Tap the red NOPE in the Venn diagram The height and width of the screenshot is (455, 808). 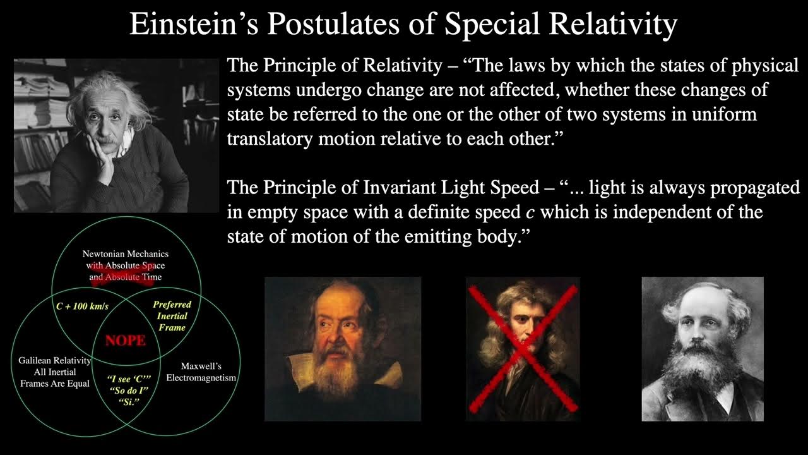pos(125,341)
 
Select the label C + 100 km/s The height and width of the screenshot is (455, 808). pos(83,306)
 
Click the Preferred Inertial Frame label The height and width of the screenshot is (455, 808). pos(172,316)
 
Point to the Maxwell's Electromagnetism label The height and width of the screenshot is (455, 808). pos(201,372)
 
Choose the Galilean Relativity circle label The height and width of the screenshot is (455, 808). pos(54,372)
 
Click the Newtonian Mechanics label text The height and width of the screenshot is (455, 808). pos(125,254)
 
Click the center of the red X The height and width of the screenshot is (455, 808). pos(522,349)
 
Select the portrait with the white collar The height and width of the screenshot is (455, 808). pos(342,349)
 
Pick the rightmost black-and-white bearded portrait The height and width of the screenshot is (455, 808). pos(702,349)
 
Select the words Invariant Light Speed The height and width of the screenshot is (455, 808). pos(453,188)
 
